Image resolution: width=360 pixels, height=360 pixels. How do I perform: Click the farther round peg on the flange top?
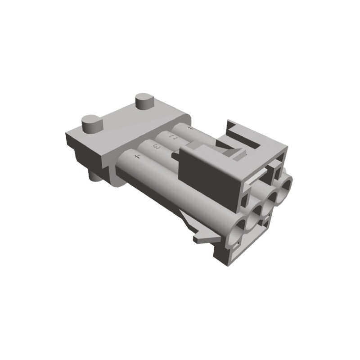[144, 101]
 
